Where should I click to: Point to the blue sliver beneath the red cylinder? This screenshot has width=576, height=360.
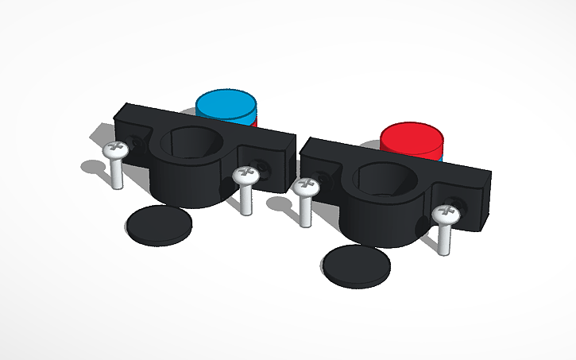pyautogui.click(x=439, y=157)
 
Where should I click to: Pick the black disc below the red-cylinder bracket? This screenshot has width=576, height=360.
pyautogui.click(x=356, y=264)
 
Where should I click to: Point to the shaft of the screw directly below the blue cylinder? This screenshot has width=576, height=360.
pyautogui.click(x=245, y=199)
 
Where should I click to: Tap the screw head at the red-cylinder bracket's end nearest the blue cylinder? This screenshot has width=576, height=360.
pyautogui.click(x=307, y=187)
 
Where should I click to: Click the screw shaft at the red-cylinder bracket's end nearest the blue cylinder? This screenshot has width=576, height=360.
pyautogui.click(x=306, y=211)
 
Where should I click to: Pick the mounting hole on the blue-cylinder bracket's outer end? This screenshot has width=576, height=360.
pyautogui.click(x=137, y=144)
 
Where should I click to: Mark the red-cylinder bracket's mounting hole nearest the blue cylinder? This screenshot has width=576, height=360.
pyautogui.click(x=321, y=179)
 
